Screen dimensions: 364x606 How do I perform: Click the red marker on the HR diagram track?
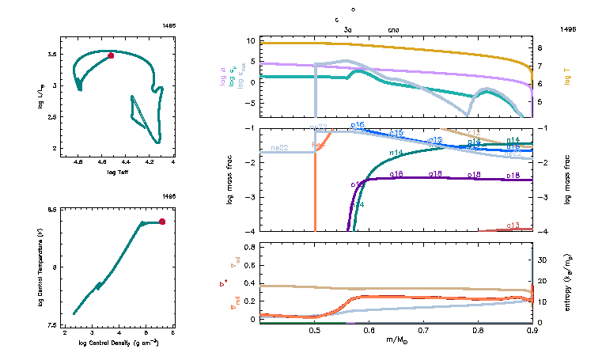111,55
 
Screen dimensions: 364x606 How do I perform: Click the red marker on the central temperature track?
162,222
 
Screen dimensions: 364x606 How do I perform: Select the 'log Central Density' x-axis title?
119,343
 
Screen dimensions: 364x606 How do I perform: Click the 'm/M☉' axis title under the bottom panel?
396,342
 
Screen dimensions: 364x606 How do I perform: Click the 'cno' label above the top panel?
394,29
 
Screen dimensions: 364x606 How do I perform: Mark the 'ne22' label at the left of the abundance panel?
279,148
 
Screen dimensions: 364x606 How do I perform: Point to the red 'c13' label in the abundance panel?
513,226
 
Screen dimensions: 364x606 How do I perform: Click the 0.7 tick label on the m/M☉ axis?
423,330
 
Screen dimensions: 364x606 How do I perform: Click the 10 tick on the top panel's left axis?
249,40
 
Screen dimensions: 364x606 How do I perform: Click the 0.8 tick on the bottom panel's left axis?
248,248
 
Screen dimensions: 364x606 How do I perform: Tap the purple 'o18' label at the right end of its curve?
513,174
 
